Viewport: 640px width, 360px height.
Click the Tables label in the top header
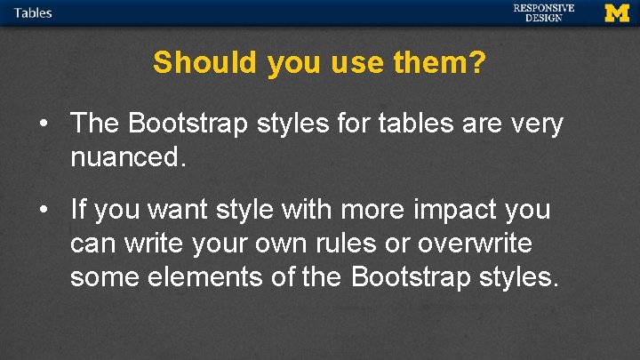point(33,12)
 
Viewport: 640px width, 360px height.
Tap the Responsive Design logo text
point(543,12)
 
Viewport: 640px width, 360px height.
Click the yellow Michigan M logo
point(616,12)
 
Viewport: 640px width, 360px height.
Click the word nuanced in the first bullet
point(124,157)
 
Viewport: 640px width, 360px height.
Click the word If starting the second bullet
point(78,210)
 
